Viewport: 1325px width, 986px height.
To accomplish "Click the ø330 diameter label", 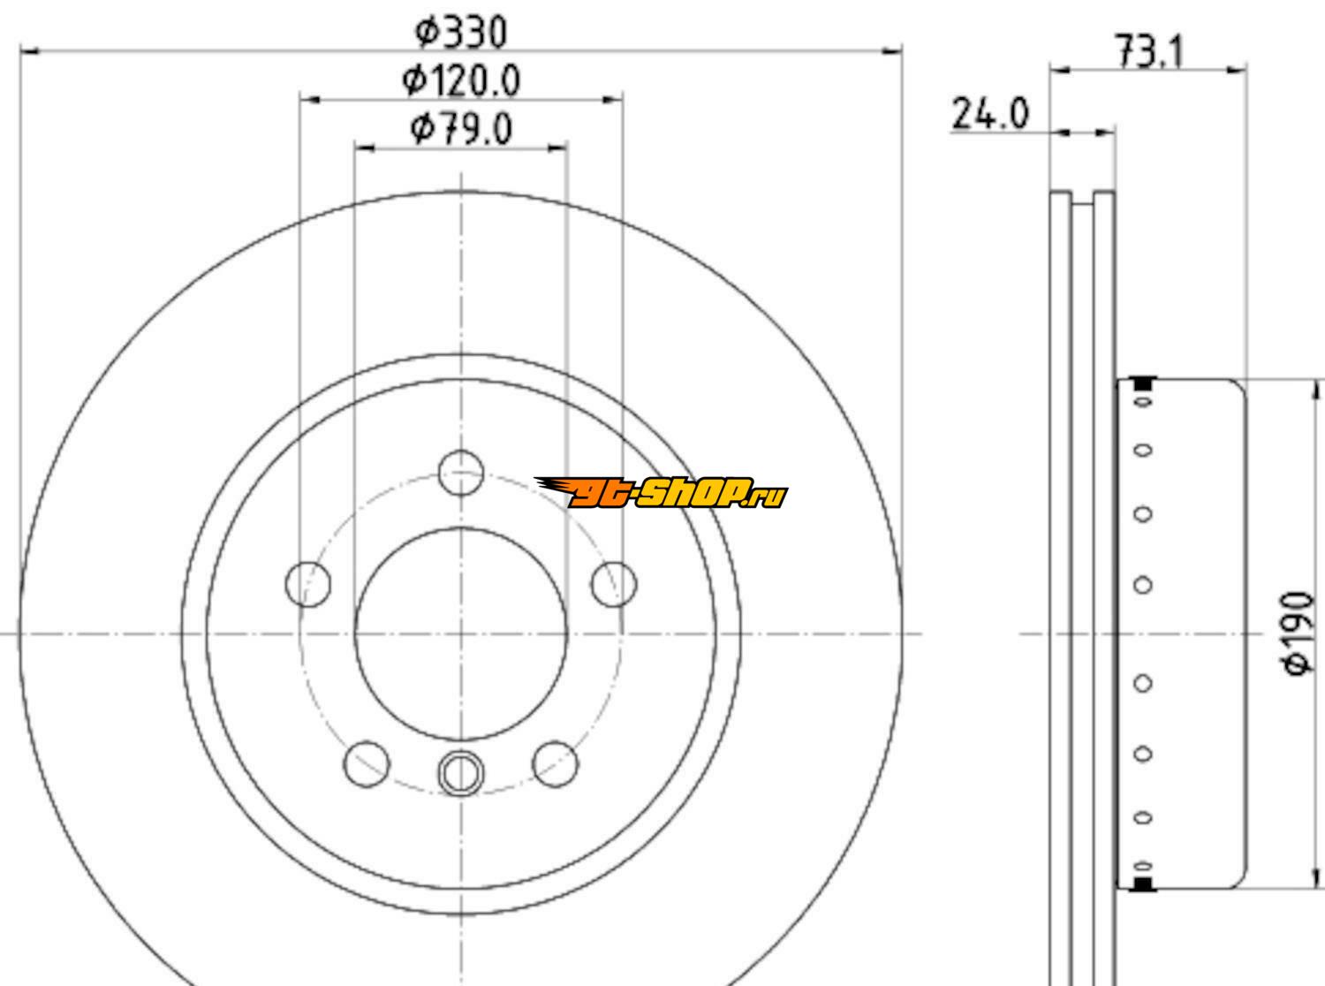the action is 461,33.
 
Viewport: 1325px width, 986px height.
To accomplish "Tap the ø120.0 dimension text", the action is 461,80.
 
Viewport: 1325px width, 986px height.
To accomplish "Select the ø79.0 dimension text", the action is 461,129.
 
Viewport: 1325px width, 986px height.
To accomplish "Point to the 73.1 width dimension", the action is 1149,52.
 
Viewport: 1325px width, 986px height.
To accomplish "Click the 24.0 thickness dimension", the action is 990,114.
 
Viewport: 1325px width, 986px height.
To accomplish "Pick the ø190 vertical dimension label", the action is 1298,633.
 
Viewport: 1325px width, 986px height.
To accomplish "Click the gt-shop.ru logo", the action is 661,492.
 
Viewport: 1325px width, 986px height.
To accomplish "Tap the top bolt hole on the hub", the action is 461,472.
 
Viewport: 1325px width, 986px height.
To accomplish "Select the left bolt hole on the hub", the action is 308,584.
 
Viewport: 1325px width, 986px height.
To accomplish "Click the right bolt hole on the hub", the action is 614,584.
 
